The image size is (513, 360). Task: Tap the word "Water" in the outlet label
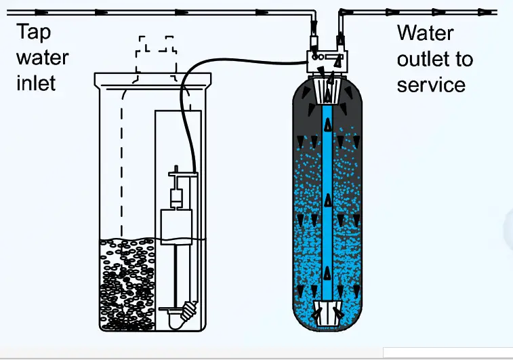(425, 33)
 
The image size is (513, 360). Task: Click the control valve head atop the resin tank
(327, 62)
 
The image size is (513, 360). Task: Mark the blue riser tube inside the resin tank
(328, 203)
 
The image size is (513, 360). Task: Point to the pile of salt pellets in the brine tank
(129, 285)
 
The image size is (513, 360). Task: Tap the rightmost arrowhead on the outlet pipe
(484, 12)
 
